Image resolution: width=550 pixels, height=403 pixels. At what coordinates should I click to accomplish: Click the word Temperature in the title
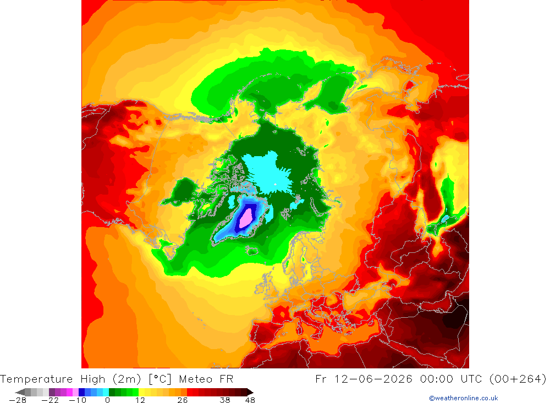coord(36,379)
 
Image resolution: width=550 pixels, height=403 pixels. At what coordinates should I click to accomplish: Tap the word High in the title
coord(93,379)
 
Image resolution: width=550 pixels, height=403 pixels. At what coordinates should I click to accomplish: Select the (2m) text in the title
coord(127,379)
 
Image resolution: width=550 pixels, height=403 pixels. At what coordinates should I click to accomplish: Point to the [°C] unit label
coord(160,379)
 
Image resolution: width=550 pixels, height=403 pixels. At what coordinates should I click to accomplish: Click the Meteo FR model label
coord(206,379)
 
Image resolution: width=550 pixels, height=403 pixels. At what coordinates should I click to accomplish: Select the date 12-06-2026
coord(373,379)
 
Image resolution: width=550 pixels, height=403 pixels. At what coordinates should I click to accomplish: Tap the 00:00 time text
coord(437,379)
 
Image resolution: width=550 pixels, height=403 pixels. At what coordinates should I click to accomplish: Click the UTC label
coord(471,379)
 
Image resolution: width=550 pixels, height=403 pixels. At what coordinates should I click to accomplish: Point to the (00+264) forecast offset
coord(518,379)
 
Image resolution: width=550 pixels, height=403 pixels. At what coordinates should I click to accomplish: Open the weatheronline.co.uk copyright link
coord(463,398)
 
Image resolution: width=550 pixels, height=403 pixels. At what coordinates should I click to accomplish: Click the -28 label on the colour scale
coord(18,400)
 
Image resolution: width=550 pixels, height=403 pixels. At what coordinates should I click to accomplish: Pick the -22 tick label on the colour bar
coord(50,400)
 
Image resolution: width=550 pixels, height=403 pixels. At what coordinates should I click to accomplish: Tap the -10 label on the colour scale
coord(78,400)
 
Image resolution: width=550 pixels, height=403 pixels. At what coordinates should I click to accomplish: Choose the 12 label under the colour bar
coord(140,400)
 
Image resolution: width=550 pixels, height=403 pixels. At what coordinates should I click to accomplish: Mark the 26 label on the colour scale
coord(183,400)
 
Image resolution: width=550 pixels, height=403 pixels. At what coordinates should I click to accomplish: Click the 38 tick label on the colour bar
coord(225,400)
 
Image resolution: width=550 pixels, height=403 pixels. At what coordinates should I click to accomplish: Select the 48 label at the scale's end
coord(250,400)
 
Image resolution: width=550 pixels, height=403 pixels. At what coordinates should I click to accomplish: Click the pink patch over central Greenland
coord(246,218)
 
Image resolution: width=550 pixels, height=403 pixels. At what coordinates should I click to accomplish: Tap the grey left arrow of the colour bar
coord(20,392)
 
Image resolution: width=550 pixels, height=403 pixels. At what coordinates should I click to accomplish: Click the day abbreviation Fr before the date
coord(321,379)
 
